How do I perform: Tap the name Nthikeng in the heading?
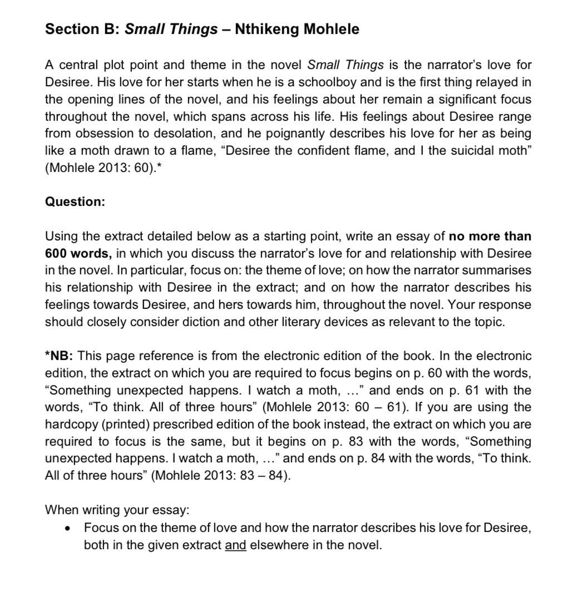point(268,29)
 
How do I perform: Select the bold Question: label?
point(75,202)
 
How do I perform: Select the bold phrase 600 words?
point(78,254)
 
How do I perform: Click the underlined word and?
point(235,545)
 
